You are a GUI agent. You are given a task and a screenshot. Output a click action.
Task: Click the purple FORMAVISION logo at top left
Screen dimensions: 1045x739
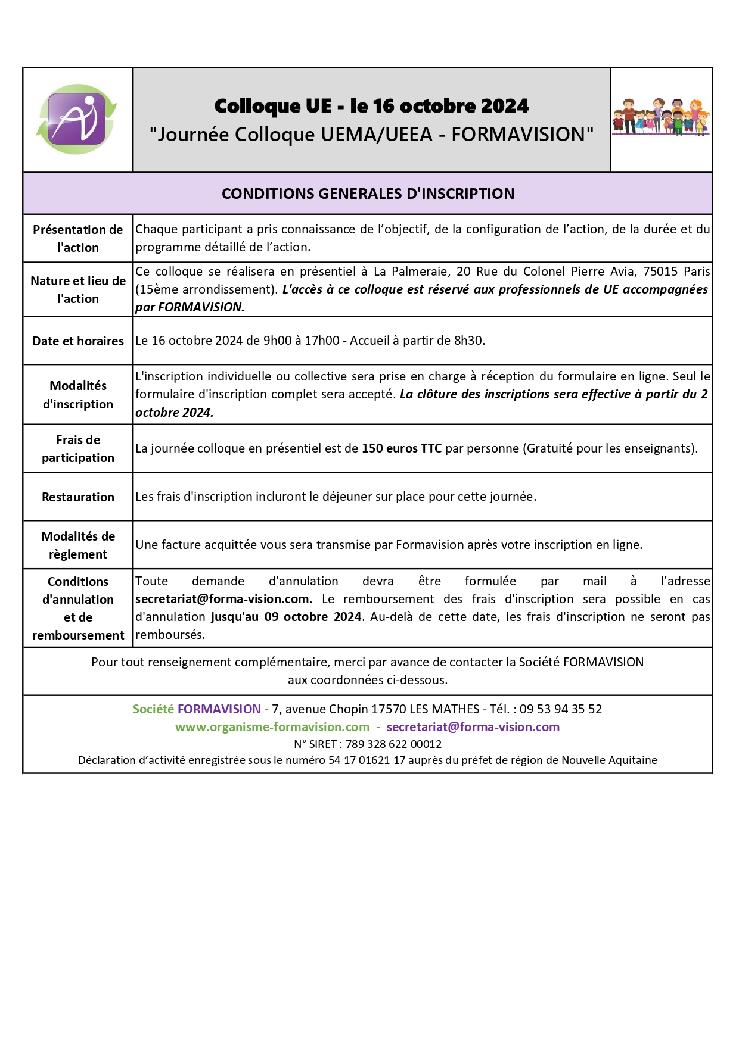pos(77,119)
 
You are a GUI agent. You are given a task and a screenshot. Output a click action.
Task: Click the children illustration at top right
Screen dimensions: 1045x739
pos(661,117)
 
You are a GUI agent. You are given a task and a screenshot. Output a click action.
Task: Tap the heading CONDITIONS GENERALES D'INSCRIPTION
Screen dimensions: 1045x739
pos(368,194)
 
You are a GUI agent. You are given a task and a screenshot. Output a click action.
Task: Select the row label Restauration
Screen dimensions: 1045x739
pos(77,497)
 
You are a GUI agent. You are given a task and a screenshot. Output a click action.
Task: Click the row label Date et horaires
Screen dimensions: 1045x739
pos(77,341)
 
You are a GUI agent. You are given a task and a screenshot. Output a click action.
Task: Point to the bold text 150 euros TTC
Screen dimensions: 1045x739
pos(401,448)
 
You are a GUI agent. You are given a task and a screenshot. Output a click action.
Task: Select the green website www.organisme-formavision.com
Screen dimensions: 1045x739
pos(272,727)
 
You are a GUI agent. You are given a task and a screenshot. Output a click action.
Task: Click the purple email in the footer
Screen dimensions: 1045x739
pos(473,727)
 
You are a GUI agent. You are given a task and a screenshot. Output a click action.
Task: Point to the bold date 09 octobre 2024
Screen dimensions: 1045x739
pos(313,617)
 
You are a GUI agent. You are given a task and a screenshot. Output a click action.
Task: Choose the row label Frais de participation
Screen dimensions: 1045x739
pos(77,449)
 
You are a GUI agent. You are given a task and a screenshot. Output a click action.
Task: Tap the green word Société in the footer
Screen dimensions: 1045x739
pos(153,709)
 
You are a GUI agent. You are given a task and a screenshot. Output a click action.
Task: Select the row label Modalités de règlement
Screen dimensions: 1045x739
pos(77,545)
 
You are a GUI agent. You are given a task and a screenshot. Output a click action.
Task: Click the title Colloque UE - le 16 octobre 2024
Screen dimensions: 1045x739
pos(371,106)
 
